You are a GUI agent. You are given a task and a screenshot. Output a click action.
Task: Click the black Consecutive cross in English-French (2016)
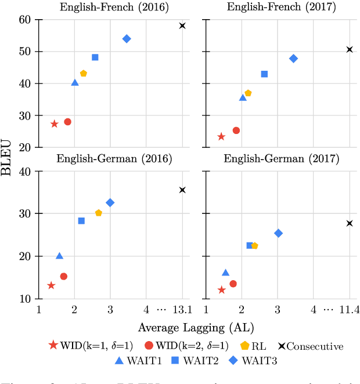182,26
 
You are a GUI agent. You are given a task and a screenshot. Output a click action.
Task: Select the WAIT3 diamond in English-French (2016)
127,39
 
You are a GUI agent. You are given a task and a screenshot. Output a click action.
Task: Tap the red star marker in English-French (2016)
55,124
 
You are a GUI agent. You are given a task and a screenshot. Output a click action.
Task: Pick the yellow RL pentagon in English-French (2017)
248,93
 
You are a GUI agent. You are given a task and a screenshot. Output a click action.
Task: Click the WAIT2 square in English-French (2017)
264,74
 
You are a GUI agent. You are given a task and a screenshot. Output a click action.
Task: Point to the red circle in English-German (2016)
64,276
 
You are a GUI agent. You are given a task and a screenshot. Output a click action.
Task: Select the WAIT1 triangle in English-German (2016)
59,256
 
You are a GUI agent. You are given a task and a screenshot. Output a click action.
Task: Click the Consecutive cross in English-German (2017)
350,223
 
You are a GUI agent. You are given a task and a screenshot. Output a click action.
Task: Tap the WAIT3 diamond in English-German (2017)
278,233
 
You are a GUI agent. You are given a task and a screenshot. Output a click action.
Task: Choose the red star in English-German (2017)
221,289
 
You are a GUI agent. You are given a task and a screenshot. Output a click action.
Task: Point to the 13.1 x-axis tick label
182,311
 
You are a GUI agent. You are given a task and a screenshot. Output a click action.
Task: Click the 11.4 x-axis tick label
350,311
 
